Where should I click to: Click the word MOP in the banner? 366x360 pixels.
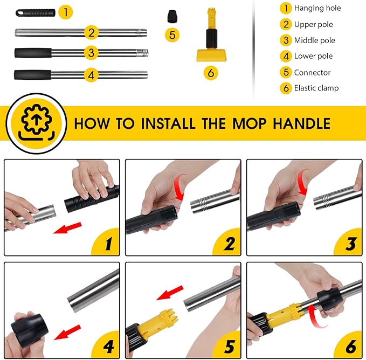(x=249, y=123)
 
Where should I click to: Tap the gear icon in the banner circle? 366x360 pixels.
(x=36, y=120)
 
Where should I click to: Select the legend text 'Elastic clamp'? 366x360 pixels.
(x=316, y=88)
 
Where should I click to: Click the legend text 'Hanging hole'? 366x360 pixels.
(x=317, y=8)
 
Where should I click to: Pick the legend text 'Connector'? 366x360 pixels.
(x=312, y=73)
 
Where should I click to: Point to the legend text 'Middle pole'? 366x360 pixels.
(x=315, y=40)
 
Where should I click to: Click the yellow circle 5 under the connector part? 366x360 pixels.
(x=172, y=35)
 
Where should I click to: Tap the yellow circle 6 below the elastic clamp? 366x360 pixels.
(x=211, y=73)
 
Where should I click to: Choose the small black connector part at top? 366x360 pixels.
(x=172, y=16)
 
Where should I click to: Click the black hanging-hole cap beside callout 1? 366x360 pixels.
(x=35, y=13)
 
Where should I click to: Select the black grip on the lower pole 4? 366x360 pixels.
(x=33, y=75)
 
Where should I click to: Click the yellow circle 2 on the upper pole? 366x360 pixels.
(x=91, y=32)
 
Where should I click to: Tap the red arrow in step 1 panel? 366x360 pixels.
(x=67, y=228)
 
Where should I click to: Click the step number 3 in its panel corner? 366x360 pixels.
(x=351, y=244)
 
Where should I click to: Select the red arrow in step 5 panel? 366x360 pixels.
(x=170, y=293)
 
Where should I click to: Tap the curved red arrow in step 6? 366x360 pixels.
(x=315, y=316)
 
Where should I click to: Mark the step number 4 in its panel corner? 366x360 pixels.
(x=108, y=347)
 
